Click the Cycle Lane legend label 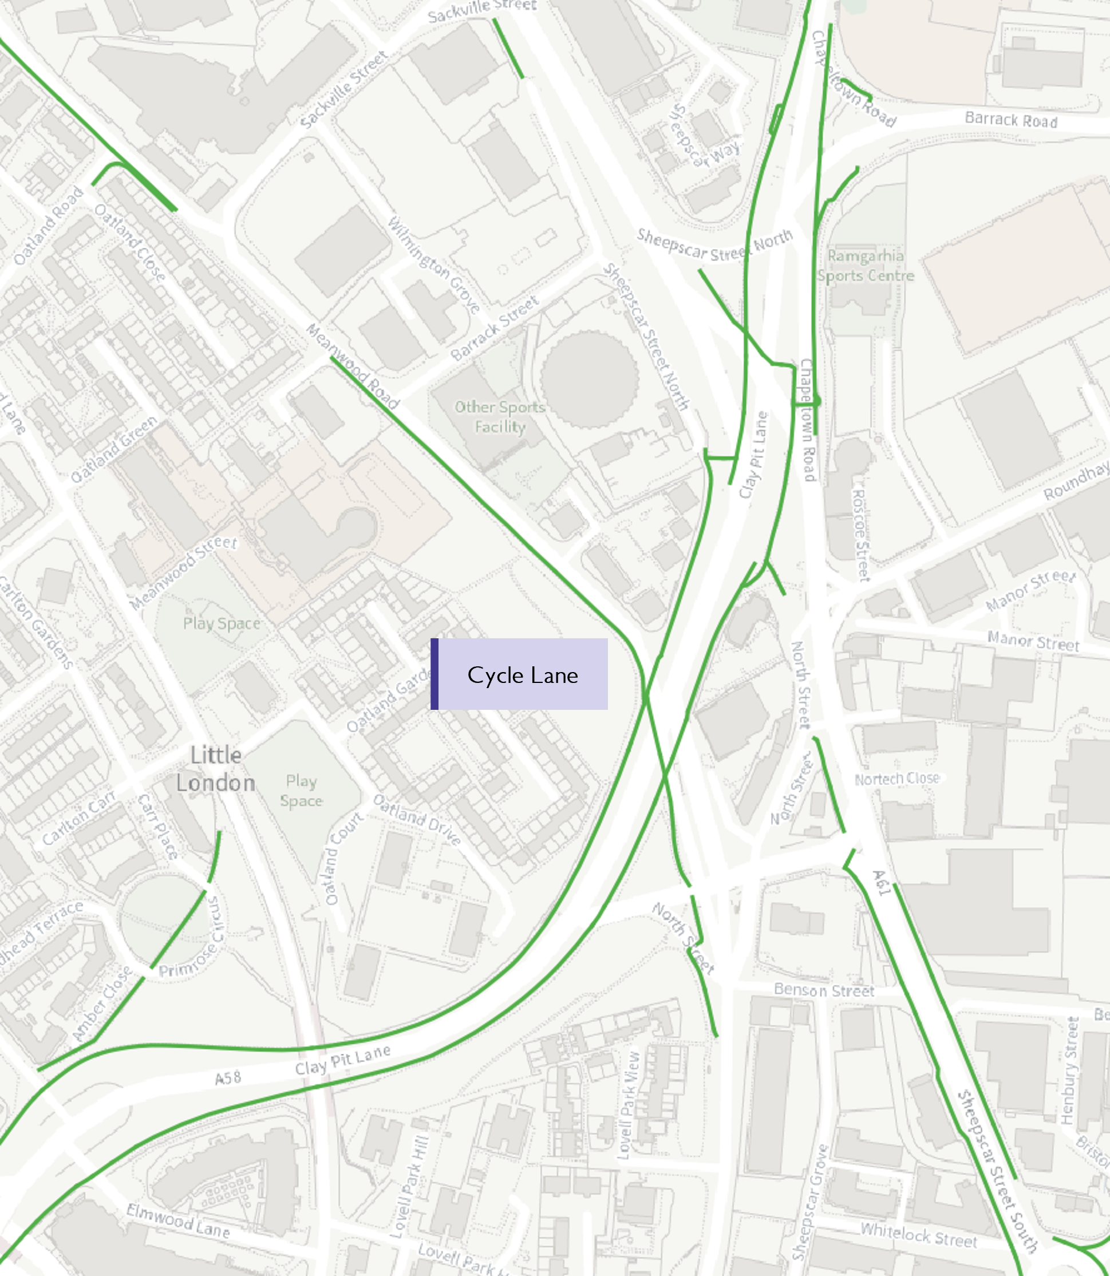pyautogui.click(x=522, y=675)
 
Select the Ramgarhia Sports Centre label pyautogui.click(x=866, y=266)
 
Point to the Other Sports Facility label pyautogui.click(x=500, y=417)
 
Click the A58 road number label pyautogui.click(x=227, y=1079)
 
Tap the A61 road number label pyautogui.click(x=881, y=883)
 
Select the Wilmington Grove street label pyautogui.click(x=433, y=265)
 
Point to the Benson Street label pyautogui.click(x=824, y=990)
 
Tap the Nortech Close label pyautogui.click(x=897, y=779)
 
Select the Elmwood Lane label pyautogui.click(x=178, y=1221)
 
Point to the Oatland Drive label pyautogui.click(x=417, y=820)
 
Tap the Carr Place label pyautogui.click(x=157, y=825)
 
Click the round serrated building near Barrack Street pyautogui.click(x=589, y=378)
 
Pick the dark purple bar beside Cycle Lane pyautogui.click(x=435, y=674)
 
